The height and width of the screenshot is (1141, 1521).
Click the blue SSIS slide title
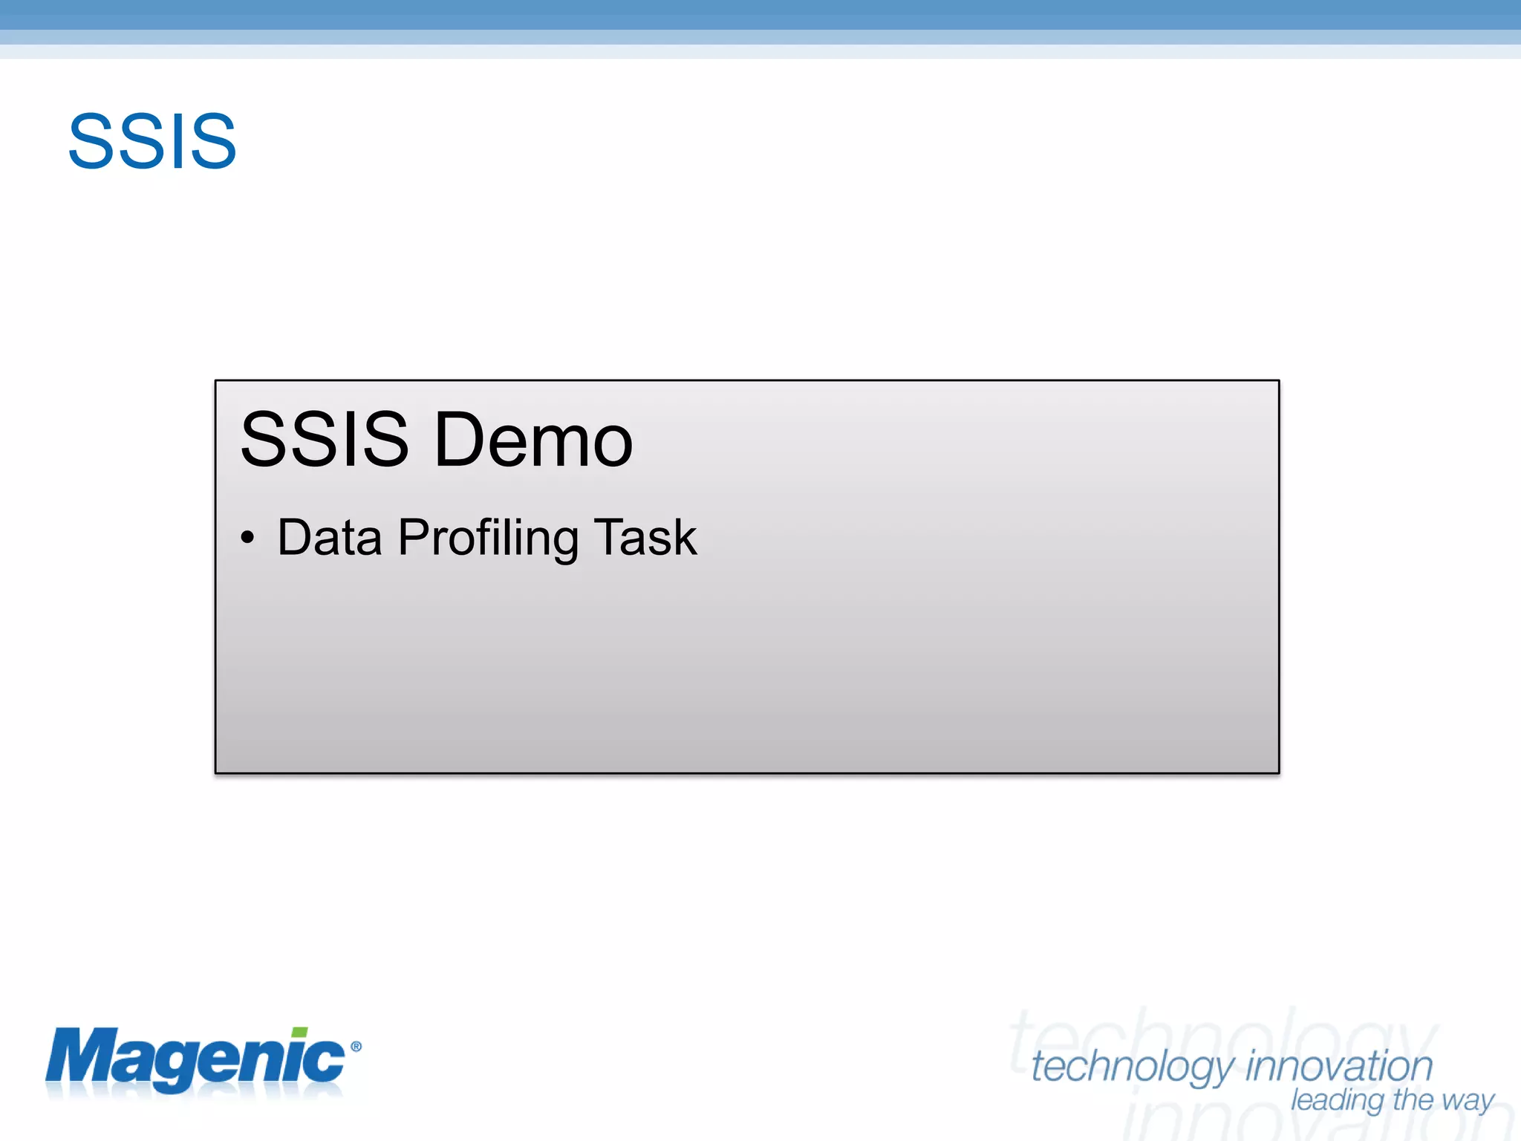tap(152, 141)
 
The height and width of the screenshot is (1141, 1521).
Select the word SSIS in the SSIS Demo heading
tap(325, 440)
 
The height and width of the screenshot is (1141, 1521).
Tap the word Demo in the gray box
tap(533, 440)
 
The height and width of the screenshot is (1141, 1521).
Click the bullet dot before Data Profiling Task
tap(247, 537)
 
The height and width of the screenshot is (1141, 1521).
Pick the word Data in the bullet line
tap(330, 537)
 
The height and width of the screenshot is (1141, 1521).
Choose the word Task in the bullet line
tap(645, 537)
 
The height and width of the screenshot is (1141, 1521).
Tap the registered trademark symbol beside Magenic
tap(356, 1047)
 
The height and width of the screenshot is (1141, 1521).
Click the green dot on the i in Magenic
tap(299, 1033)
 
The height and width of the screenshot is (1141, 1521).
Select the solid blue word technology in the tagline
tap(1133, 1068)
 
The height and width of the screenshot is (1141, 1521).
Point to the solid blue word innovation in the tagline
tap(1339, 1067)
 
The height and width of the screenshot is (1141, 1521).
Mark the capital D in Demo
tap(460, 440)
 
